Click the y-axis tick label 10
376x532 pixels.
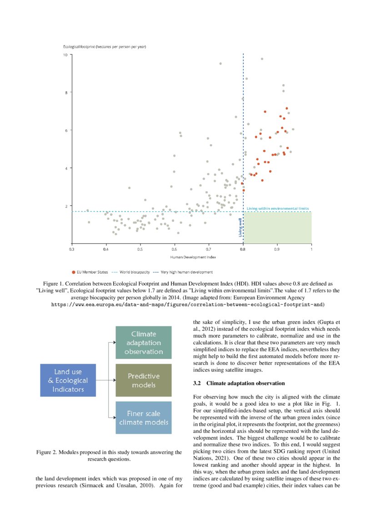point(65,55)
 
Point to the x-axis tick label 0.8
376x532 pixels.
point(243,249)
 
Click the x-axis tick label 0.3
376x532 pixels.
point(72,249)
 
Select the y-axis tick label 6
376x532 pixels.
point(66,131)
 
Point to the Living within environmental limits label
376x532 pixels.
point(277,208)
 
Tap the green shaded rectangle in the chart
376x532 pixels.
point(277,228)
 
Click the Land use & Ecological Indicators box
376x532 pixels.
point(68,380)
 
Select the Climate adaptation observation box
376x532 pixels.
point(144,343)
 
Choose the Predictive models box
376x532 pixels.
point(144,380)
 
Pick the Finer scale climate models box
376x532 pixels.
point(144,417)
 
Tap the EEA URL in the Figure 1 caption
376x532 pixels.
point(188,304)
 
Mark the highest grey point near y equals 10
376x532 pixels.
point(262,59)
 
